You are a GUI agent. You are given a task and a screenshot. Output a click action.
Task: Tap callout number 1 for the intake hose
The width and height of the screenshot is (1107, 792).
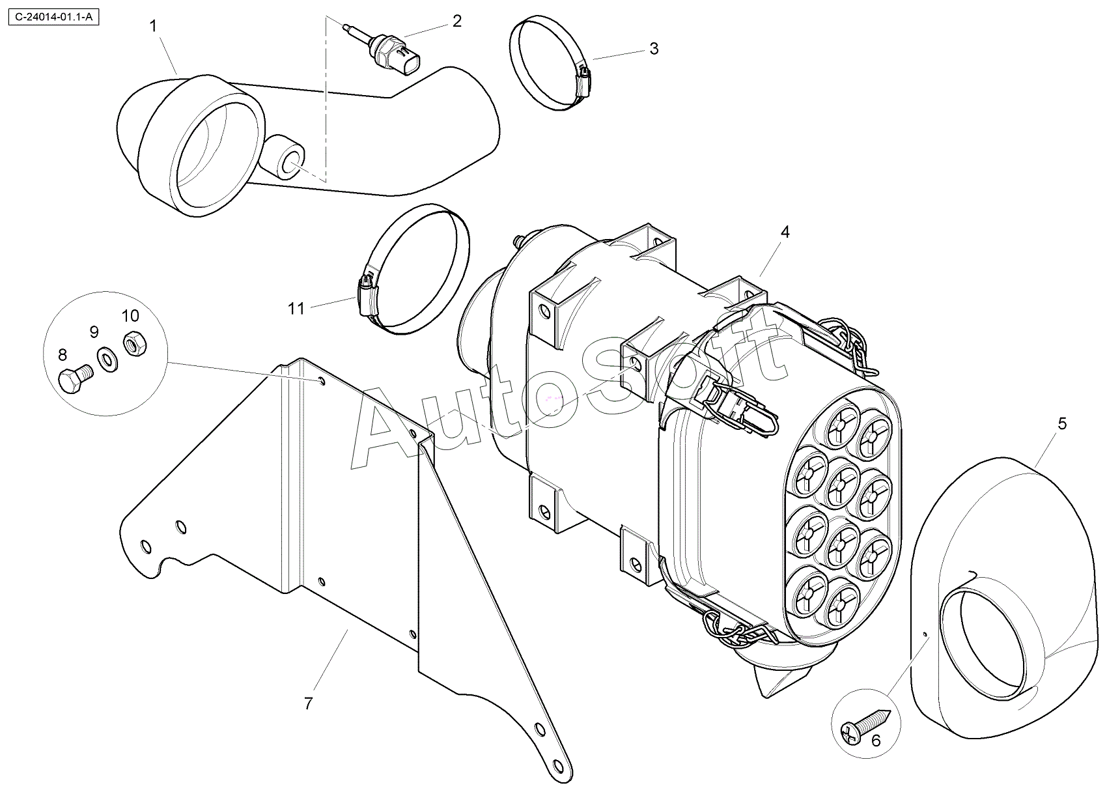tap(153, 26)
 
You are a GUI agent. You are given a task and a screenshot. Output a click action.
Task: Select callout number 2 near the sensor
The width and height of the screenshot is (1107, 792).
tap(456, 21)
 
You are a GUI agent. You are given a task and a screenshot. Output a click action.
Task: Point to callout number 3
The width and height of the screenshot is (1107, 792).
tap(654, 49)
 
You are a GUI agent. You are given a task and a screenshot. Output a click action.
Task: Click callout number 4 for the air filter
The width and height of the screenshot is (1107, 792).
tap(785, 231)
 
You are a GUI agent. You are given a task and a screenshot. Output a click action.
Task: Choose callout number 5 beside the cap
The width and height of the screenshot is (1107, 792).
tap(1062, 424)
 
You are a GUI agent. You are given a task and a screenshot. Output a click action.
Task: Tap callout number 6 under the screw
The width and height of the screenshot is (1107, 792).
tap(876, 740)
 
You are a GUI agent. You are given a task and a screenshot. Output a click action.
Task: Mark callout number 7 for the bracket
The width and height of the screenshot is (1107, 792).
tap(308, 703)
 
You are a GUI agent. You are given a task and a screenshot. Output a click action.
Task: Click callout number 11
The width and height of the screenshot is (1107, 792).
tap(296, 308)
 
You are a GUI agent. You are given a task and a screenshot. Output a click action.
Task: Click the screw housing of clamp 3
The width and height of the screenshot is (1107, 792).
tap(584, 79)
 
